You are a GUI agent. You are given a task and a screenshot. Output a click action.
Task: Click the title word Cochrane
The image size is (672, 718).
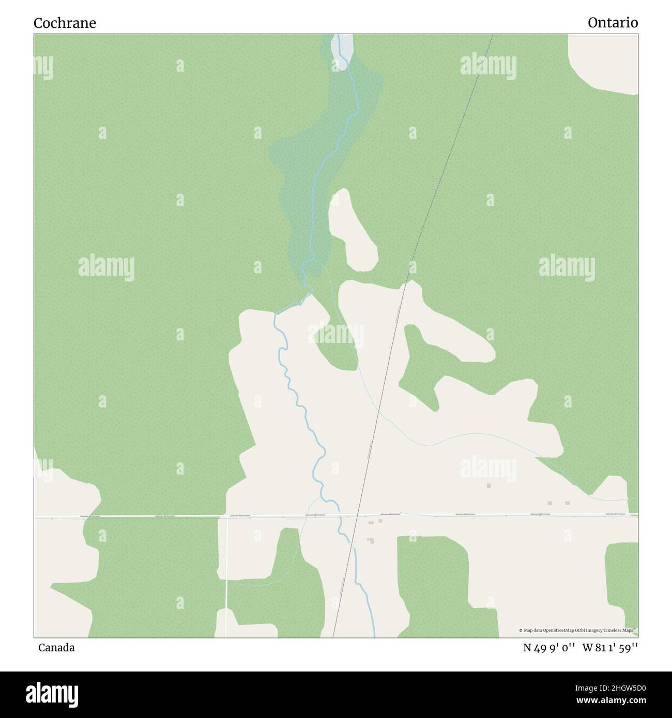click(x=65, y=23)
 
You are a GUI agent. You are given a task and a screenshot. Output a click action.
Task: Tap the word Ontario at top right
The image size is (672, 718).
click(x=613, y=23)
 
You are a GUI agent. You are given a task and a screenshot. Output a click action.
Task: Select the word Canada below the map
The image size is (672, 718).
click(x=56, y=648)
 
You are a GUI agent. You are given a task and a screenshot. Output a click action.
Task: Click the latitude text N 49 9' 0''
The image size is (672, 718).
click(x=549, y=648)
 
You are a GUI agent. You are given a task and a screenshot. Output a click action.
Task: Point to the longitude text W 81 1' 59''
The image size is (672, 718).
click(x=610, y=648)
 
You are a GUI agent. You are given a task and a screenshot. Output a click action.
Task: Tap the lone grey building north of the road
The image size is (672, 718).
click(x=488, y=486)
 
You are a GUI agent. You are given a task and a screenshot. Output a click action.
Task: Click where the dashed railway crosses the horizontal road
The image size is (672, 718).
click(x=356, y=515)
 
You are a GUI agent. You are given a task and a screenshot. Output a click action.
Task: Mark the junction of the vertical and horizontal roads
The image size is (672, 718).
click(x=226, y=516)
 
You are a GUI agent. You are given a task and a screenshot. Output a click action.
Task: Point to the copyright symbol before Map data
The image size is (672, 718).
click(x=521, y=631)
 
